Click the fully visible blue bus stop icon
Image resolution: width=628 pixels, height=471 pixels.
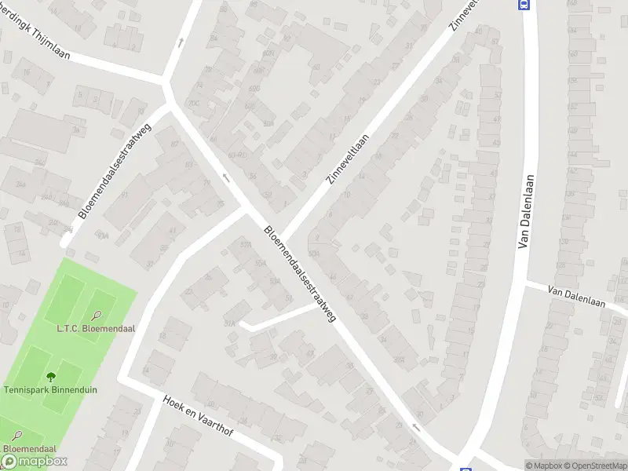click(x=524, y=4)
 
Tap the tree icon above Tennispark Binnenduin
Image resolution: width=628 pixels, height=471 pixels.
click(x=52, y=377)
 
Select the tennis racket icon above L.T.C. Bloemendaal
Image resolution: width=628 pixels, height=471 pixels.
click(x=96, y=316)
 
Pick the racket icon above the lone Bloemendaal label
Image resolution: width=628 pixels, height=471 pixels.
click(x=17, y=435)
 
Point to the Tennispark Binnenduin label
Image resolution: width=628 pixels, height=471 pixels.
click(x=50, y=389)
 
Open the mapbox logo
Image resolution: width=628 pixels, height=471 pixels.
click(x=33, y=462)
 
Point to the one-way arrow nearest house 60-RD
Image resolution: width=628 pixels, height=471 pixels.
click(x=226, y=178)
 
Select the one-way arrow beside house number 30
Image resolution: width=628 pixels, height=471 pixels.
click(x=416, y=428)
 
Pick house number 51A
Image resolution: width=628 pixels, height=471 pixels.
click(x=230, y=323)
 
